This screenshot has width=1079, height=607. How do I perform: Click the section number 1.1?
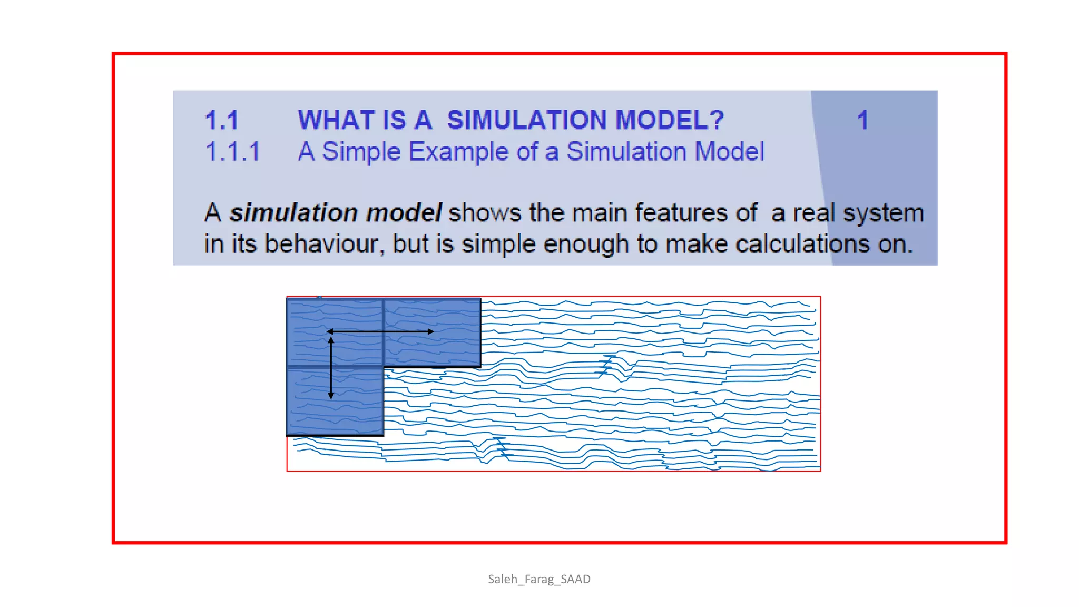[222, 120]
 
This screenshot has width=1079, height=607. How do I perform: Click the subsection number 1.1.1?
[232, 152]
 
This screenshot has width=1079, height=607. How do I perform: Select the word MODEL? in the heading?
[670, 120]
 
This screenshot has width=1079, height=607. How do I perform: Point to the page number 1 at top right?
[862, 120]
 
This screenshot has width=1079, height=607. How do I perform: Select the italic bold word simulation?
[293, 213]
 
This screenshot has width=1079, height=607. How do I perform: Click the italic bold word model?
[404, 213]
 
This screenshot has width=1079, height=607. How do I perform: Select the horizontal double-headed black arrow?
[380, 331]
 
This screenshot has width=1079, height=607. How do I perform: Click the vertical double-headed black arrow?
[331, 368]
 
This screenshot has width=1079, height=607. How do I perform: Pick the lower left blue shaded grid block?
[335, 401]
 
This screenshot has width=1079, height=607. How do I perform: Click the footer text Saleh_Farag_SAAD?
[539, 579]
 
